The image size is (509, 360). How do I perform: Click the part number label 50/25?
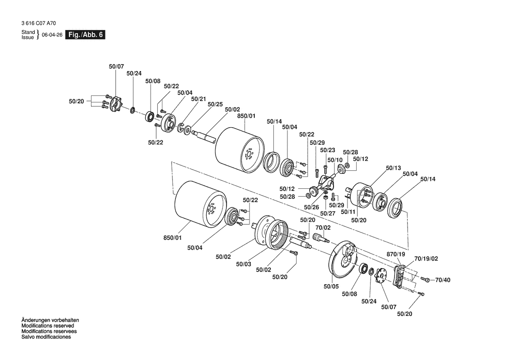tap(215, 104)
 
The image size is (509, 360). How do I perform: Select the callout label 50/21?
tap(199, 99)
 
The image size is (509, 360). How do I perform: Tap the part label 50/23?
tap(327, 150)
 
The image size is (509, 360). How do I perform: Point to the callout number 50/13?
tap(393, 168)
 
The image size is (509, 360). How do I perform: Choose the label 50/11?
tap(348, 212)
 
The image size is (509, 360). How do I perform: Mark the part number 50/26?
tap(311, 207)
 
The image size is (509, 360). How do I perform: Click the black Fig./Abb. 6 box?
tap(85, 35)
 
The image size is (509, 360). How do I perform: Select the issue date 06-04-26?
tap(52, 35)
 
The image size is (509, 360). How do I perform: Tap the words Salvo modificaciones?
tap(46, 337)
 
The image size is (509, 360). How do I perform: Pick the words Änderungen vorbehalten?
tap(50, 320)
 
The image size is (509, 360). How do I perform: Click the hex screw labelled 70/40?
tap(426, 279)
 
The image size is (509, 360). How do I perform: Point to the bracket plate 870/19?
tap(400, 275)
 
